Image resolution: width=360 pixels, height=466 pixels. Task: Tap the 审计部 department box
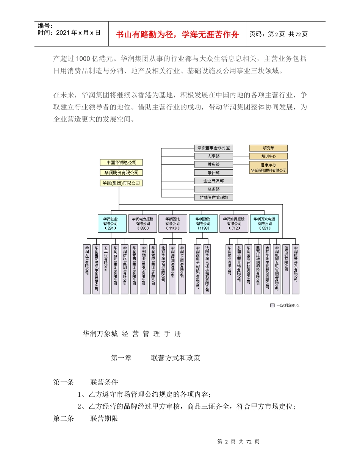coord(214,173)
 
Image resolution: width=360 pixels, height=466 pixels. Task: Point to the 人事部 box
coord(214,156)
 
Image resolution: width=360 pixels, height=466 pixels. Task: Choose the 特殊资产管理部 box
coord(214,197)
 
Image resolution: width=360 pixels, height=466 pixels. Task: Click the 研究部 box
coord(268,148)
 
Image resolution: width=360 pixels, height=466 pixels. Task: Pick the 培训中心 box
coord(268,156)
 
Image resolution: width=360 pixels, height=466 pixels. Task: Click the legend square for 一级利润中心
coord(272,305)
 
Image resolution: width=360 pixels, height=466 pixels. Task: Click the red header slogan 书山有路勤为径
coord(177,34)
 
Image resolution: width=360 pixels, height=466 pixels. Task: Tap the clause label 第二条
coord(64,419)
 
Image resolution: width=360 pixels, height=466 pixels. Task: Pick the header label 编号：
coord(45,26)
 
